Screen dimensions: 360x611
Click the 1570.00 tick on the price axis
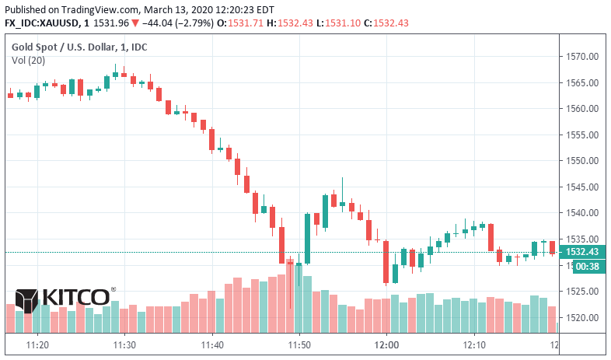point(583,57)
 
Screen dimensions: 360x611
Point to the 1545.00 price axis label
point(583,187)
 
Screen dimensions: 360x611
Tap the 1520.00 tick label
point(583,317)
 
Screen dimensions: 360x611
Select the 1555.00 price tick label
point(583,135)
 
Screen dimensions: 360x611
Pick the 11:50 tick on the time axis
point(299,344)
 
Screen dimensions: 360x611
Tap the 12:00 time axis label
point(386,344)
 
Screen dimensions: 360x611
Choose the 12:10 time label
point(473,344)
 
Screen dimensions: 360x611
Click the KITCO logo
point(64,297)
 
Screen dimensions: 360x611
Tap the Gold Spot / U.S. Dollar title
point(79,47)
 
